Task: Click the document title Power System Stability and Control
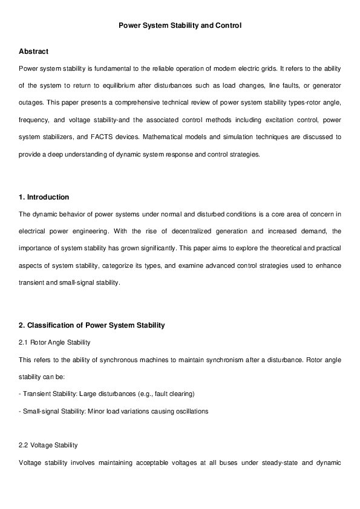coord(180,26)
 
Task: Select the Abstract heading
coord(33,51)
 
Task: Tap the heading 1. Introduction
coord(44,197)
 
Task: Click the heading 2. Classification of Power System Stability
coord(92,325)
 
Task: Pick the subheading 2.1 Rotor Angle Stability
coord(54,343)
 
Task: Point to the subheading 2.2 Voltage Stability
coord(48,446)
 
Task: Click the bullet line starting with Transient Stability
coord(106,394)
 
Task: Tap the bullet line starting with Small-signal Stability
coord(114,411)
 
